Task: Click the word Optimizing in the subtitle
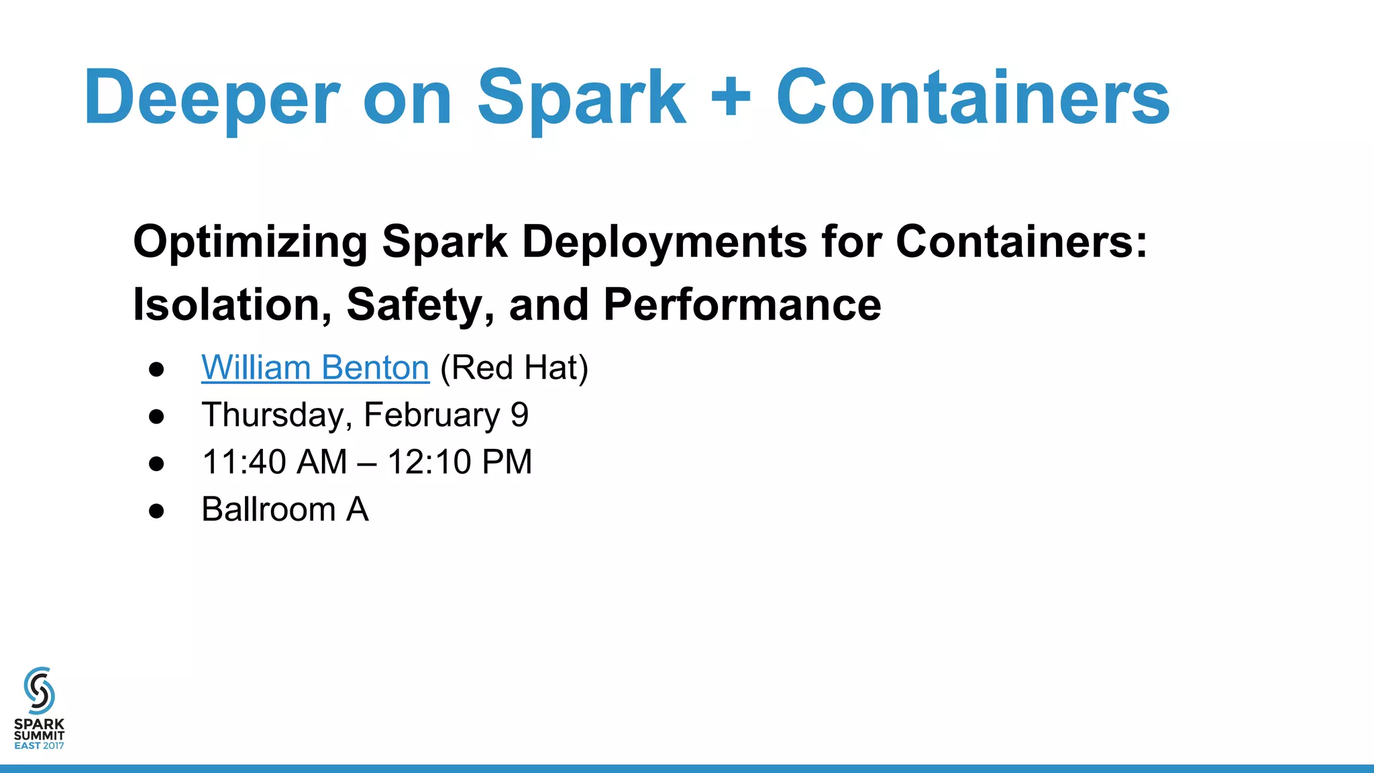point(250,242)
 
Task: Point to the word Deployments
point(664,241)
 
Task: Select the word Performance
point(742,305)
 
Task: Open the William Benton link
point(315,368)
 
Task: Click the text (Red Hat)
point(514,368)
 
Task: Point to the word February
point(431,415)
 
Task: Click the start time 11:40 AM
point(274,462)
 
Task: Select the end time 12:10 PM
point(460,462)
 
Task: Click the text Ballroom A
point(285,509)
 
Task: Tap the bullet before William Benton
point(156,369)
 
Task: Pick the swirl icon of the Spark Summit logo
point(39,690)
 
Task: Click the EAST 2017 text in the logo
point(39,745)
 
